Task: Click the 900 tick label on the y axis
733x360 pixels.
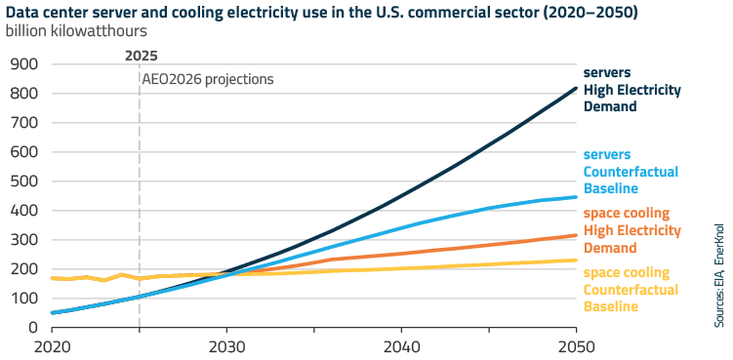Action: tap(24, 64)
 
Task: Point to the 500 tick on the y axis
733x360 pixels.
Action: tap(24, 181)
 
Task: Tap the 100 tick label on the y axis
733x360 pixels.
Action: tap(24, 299)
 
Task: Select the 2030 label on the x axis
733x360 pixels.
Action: tap(226, 347)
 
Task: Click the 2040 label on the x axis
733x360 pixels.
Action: tap(401, 347)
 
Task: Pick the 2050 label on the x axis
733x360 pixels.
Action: tap(576, 347)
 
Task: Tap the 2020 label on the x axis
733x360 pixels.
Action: tap(52, 347)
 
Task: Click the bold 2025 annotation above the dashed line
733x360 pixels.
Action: tap(141, 56)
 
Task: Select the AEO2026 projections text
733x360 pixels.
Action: tap(208, 79)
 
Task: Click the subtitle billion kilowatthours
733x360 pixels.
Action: tap(77, 32)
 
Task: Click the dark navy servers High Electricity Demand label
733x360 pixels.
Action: tap(631, 90)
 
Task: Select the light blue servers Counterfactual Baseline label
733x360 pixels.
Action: tap(631, 171)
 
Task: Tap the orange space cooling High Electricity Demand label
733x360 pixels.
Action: tap(631, 230)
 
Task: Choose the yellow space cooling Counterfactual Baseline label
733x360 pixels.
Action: tap(631, 290)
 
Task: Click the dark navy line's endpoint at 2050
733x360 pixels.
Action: tap(576, 88)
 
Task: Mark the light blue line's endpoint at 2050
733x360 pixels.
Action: tap(576, 197)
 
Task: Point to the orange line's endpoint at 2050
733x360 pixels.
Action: tap(576, 235)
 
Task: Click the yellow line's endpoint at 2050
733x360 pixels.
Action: tap(576, 260)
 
